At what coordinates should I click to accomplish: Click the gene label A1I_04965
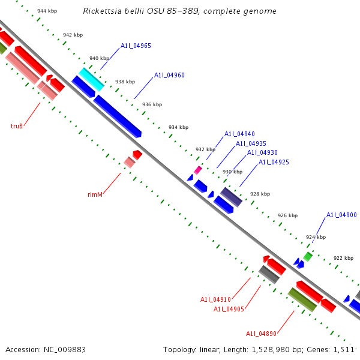click(x=136, y=46)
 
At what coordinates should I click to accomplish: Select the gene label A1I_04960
click(x=169, y=75)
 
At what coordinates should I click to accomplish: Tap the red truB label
click(x=16, y=126)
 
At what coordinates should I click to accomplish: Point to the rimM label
click(x=95, y=194)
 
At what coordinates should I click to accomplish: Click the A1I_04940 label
click(x=239, y=134)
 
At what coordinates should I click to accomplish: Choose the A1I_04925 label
click(x=274, y=162)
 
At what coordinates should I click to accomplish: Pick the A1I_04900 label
click(x=341, y=215)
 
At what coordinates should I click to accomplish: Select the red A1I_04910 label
click(x=215, y=299)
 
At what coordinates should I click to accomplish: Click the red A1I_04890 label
click(x=261, y=334)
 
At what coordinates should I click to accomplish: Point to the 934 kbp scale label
click(x=178, y=127)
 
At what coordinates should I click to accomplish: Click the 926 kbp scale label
click(x=287, y=215)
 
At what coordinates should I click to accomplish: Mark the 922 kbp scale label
click(x=343, y=258)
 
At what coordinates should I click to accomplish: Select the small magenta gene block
click(x=197, y=170)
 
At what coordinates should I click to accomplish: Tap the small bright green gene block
click(x=308, y=256)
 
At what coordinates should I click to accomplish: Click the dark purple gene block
click(x=231, y=197)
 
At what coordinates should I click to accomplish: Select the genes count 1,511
click(x=344, y=349)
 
